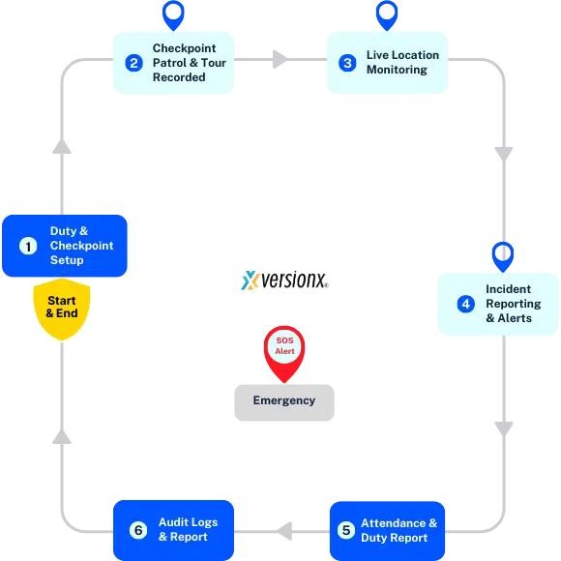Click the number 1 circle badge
point(28,246)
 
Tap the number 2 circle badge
point(133,63)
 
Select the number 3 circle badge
point(347,63)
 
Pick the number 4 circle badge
point(465,304)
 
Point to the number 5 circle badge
point(345,530)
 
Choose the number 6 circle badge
point(138,530)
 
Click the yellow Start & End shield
point(62,309)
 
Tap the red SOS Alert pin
point(284,348)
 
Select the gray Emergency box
point(285,400)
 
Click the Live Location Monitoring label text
point(402,63)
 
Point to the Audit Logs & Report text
point(188,530)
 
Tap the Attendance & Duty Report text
point(399,530)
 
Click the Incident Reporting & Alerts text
point(513,304)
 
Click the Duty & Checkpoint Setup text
point(81,246)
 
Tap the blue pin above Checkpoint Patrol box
point(173,15)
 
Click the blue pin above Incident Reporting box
point(502,254)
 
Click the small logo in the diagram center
point(251,280)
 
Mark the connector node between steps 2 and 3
point(279,59)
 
